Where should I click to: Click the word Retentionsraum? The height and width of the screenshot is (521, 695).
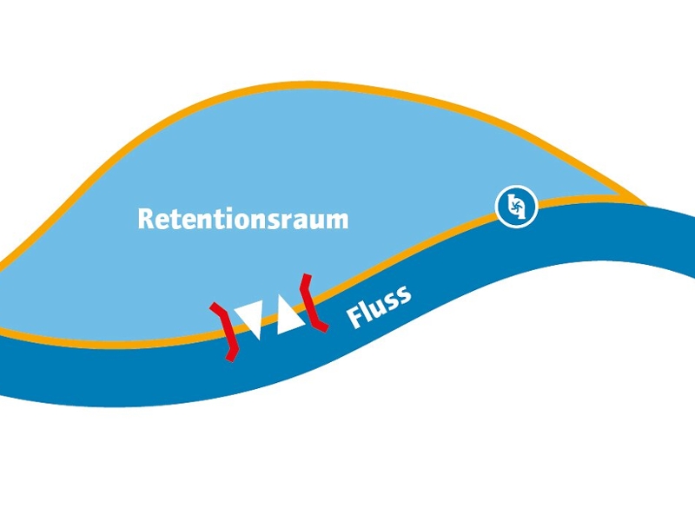(242, 219)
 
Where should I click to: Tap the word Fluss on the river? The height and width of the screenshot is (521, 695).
(379, 306)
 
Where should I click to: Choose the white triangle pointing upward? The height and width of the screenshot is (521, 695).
(289, 317)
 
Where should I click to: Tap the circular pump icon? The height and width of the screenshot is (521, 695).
(516, 208)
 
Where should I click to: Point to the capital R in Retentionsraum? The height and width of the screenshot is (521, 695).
(146, 219)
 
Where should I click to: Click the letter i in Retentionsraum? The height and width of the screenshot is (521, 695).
(216, 218)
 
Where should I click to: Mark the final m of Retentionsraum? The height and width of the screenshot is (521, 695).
(337, 221)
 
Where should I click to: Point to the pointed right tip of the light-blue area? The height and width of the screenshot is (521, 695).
(644, 203)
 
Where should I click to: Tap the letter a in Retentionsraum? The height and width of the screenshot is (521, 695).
(297, 221)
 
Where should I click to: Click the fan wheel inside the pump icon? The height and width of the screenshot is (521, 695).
(516, 208)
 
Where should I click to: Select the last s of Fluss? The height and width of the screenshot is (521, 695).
(404, 295)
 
